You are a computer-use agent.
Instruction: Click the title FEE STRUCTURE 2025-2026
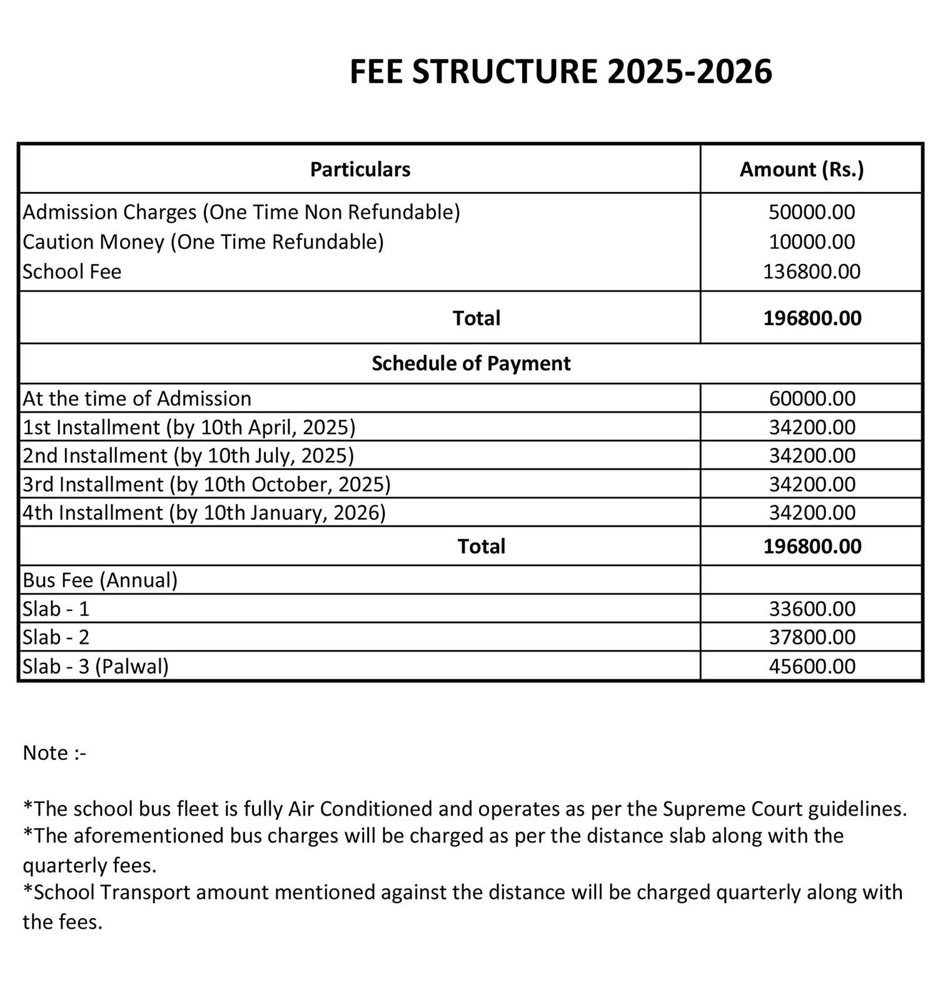(560, 71)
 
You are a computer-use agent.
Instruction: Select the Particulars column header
(360, 170)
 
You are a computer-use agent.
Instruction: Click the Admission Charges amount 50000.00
(812, 212)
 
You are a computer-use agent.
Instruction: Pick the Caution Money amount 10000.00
(812, 242)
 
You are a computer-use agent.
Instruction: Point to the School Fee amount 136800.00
(812, 271)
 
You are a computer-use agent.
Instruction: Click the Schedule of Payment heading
(471, 363)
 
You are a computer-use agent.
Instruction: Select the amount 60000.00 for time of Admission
(812, 398)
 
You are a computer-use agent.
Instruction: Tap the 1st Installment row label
(189, 427)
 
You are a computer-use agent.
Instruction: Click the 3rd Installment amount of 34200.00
(812, 484)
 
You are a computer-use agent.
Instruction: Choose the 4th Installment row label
(204, 513)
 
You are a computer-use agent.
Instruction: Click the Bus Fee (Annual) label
(100, 580)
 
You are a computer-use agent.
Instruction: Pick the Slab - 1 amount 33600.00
(812, 609)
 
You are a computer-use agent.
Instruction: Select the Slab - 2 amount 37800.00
(812, 637)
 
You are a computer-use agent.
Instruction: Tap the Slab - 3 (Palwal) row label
(96, 666)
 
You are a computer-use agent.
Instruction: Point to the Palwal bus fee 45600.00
(812, 666)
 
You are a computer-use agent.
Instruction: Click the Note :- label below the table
(54, 753)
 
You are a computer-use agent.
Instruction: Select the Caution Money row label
(203, 242)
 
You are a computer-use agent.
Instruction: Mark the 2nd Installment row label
(188, 455)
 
